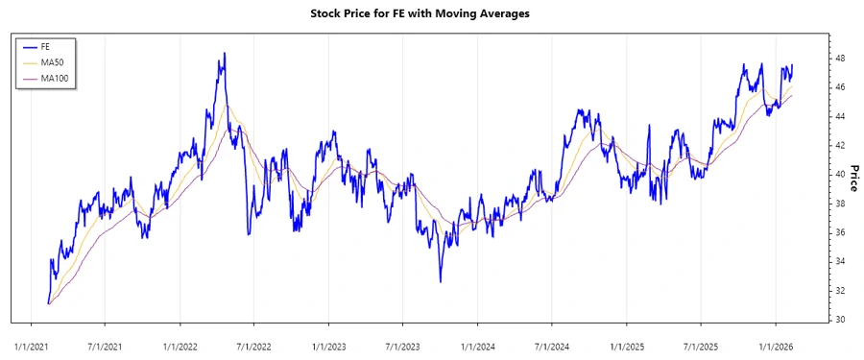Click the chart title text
point(420,14)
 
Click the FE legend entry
point(46,46)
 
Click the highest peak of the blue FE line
point(224,53)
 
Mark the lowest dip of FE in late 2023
point(441,281)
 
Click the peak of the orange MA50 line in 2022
point(228,105)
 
